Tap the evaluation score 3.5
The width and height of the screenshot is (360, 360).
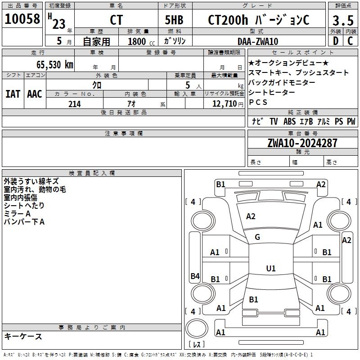pos(342,21)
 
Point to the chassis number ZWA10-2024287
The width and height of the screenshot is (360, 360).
pos(302,144)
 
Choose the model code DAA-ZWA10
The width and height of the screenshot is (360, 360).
pos(258,41)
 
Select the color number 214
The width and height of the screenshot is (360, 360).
pos(74,104)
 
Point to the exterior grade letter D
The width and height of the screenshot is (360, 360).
pos(336,41)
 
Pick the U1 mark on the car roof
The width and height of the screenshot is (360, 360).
pos(270,269)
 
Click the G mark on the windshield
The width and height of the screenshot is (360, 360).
pos(257,237)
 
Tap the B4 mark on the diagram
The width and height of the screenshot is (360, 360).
pos(195,276)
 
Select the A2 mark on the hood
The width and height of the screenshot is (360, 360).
pos(251,216)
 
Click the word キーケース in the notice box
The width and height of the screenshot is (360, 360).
pos(23,336)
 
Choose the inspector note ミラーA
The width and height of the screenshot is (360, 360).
pos(17,214)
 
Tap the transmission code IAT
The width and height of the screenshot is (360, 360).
pos(13,94)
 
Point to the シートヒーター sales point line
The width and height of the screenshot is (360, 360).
pos(272,92)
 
